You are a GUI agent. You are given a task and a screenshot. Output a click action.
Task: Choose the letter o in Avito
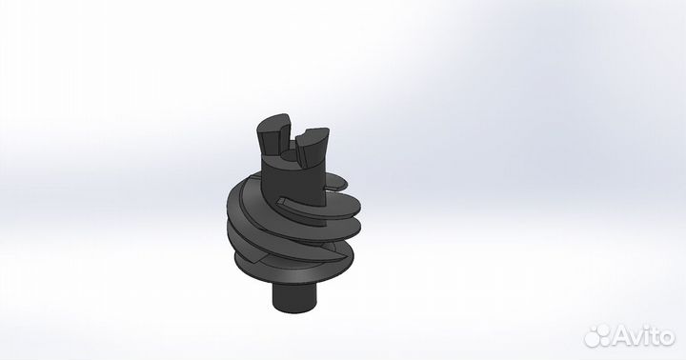(x=667, y=337)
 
